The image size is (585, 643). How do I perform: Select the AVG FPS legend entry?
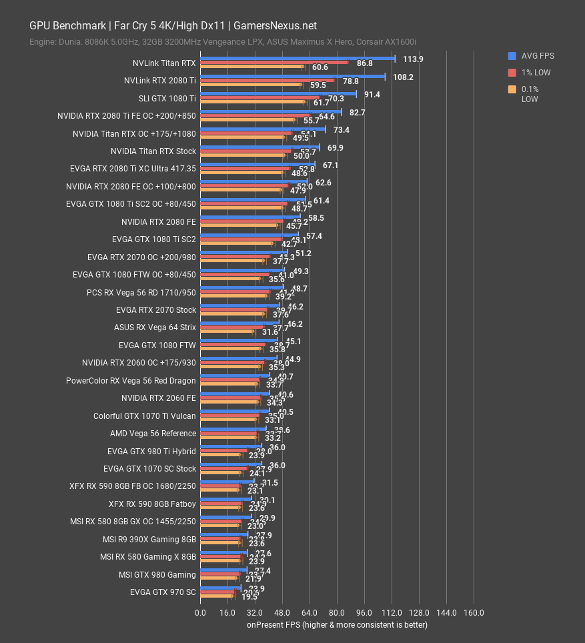point(532,56)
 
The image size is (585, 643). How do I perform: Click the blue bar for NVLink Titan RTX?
point(298,59)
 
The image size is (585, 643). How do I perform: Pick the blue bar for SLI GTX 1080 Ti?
point(278,94)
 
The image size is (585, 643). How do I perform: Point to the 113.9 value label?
point(413,59)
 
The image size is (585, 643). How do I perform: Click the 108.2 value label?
point(403,77)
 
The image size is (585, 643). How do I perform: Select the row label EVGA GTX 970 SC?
point(163,592)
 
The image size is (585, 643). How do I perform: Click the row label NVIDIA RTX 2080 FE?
point(159,222)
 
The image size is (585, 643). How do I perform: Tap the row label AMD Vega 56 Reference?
point(153,434)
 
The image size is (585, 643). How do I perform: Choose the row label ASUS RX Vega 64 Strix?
point(155,328)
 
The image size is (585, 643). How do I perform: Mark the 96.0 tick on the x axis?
point(364,613)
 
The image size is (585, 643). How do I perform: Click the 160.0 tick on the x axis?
point(474,613)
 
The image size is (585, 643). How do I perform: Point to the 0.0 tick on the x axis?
point(200,613)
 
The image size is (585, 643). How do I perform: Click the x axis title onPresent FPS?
point(337,625)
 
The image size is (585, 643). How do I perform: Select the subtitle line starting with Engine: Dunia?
point(223,42)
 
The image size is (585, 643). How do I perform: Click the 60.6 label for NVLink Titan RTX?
point(320,67)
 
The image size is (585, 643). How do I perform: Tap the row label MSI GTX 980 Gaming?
point(157,575)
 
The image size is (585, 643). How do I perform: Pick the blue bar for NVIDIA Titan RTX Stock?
point(259,147)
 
